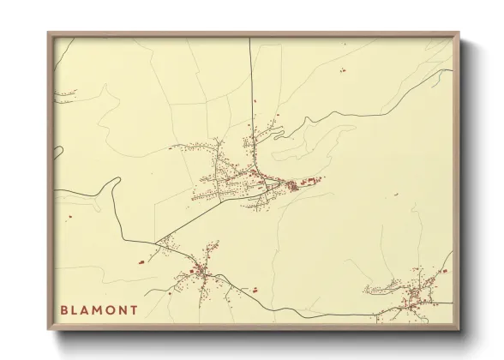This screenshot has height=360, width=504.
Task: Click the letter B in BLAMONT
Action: (x=64, y=309)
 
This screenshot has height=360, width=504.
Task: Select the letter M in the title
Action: (x=102, y=309)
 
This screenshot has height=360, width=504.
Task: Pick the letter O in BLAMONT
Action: (x=115, y=309)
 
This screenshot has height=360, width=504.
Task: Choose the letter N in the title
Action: (x=128, y=309)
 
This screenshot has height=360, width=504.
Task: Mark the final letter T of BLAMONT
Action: (x=140, y=309)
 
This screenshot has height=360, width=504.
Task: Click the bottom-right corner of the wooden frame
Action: (x=459, y=330)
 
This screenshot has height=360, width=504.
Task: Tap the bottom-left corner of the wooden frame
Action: (x=49, y=330)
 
